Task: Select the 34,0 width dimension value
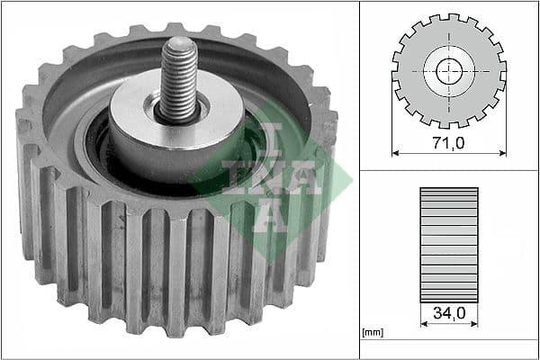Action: (x=449, y=314)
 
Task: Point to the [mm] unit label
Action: (x=372, y=332)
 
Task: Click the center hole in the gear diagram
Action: (x=449, y=70)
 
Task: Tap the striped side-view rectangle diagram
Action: (x=449, y=243)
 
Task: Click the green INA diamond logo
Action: (x=262, y=184)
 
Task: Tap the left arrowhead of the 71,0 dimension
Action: (x=396, y=152)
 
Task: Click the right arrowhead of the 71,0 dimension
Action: (x=502, y=152)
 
